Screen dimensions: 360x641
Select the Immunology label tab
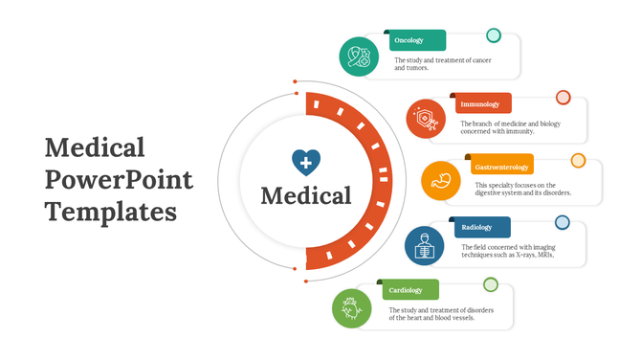(481, 103)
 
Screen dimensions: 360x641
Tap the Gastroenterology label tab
(501, 168)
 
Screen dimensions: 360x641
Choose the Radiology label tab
(477, 228)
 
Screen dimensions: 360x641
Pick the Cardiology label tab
(409, 289)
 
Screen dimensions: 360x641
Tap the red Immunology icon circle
(426, 119)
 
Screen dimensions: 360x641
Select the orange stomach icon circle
(441, 181)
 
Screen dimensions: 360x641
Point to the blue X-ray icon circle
(424, 245)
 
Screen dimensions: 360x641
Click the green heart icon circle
(351, 308)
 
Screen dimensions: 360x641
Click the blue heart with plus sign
(306, 162)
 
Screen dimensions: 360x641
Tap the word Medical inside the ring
(306, 196)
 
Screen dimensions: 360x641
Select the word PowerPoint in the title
(119, 179)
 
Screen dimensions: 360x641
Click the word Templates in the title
(111, 211)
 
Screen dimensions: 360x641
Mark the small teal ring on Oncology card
(494, 36)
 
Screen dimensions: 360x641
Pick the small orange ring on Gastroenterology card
(578, 160)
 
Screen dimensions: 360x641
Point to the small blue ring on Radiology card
(563, 223)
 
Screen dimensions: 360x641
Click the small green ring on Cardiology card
(491, 284)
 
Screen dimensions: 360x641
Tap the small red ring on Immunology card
(564, 98)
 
